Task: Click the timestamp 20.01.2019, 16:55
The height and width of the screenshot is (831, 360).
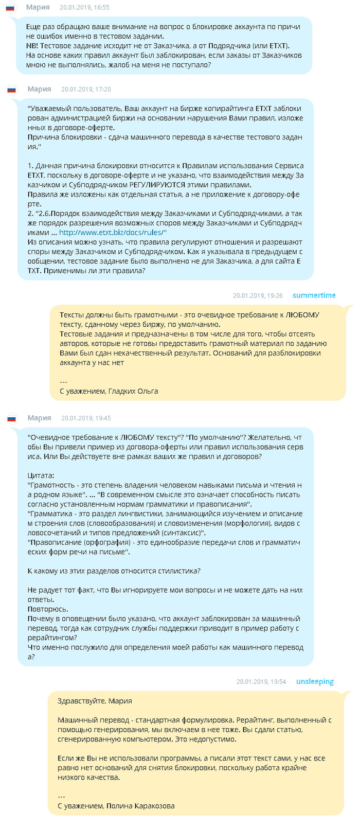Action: pyautogui.click(x=84, y=8)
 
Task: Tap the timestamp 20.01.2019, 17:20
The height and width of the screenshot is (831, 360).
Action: pyautogui.click(x=86, y=89)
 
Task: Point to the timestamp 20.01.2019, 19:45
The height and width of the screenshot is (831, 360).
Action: pyautogui.click(x=86, y=418)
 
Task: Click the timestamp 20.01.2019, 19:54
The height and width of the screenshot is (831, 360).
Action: pyautogui.click(x=261, y=682)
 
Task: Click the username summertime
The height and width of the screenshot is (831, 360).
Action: pyautogui.click(x=314, y=295)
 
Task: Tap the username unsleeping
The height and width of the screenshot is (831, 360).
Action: pyautogui.click(x=315, y=682)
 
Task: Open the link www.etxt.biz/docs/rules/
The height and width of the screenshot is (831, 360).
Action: pyautogui.click(x=113, y=233)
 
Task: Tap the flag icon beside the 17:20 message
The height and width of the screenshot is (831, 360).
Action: pyautogui.click(x=11, y=90)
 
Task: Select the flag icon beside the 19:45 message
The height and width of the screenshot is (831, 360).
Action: pyautogui.click(x=11, y=418)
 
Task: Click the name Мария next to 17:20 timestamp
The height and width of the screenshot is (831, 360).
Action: pyautogui.click(x=39, y=89)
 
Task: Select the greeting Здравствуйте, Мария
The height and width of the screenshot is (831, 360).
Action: pyautogui.click(x=95, y=701)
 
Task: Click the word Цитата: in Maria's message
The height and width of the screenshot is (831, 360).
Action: pyautogui.click(x=41, y=475)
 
